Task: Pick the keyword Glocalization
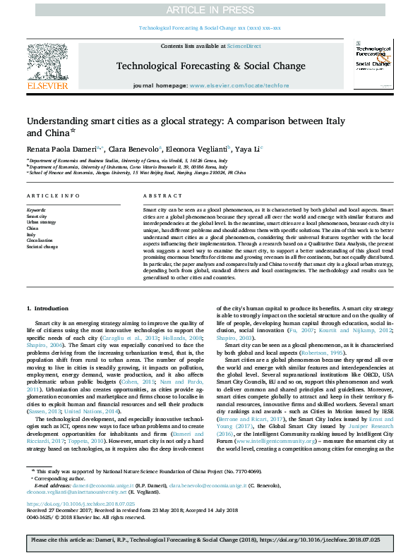click(40, 241)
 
